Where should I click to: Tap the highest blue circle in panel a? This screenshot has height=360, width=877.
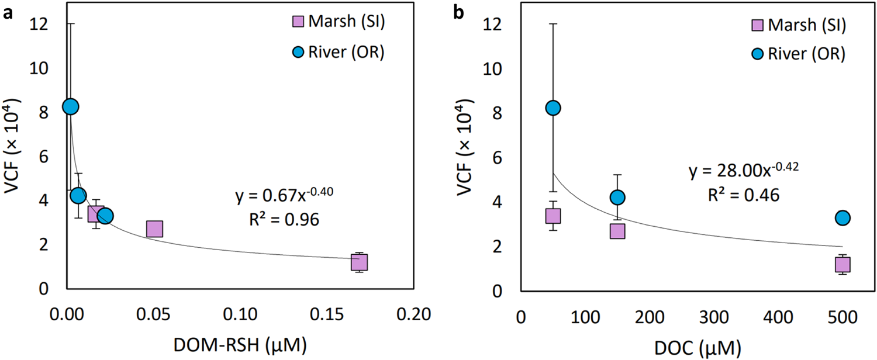pyautogui.click(x=70, y=106)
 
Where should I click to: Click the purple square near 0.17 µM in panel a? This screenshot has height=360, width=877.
pyautogui.click(x=359, y=262)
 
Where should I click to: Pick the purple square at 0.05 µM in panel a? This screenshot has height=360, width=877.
pyautogui.click(x=154, y=229)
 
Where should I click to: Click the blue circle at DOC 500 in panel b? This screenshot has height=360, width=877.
pyautogui.click(x=843, y=218)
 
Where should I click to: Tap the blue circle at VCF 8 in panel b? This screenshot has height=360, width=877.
pyautogui.click(x=553, y=108)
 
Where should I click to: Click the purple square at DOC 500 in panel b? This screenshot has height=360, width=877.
pyautogui.click(x=843, y=265)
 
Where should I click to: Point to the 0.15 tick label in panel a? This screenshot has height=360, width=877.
pyautogui.click(x=329, y=316)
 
